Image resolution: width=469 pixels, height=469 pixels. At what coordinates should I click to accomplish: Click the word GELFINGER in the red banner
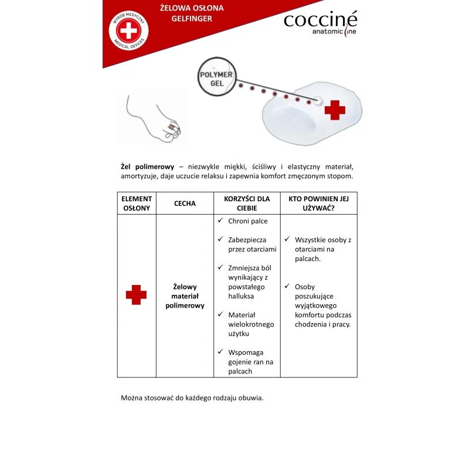192,19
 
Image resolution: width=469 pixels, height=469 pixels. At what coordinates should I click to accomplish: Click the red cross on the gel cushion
335,110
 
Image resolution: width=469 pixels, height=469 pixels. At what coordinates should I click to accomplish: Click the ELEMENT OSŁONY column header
136,203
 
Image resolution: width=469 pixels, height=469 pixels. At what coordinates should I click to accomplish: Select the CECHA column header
185,203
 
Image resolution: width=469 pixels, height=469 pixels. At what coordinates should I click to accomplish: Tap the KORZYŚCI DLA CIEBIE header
247,203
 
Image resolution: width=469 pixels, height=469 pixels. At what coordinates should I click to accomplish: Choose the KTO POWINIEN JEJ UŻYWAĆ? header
318,203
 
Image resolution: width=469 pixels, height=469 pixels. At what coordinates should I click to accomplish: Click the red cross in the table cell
136,295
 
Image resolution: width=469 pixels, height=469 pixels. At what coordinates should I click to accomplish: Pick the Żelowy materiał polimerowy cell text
185,296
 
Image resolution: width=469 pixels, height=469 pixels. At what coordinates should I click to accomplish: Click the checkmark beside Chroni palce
220,220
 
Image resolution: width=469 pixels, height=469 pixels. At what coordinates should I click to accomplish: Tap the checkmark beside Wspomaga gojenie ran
220,352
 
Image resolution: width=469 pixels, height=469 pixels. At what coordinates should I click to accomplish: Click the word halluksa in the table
241,296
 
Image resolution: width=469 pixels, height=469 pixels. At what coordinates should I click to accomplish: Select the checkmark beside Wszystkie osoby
287,239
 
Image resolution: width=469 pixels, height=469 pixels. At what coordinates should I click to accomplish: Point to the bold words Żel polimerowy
147,166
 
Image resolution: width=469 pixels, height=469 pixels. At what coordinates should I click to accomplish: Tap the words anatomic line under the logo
334,32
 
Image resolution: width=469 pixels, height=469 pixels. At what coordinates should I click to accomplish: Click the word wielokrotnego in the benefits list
251,324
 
